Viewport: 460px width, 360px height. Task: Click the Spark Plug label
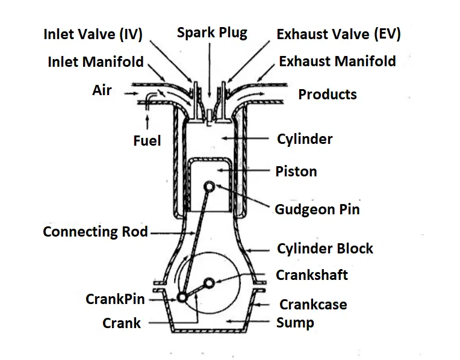(x=212, y=33)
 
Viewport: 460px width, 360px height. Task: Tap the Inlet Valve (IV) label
(x=93, y=34)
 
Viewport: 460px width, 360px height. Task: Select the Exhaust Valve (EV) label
(x=338, y=34)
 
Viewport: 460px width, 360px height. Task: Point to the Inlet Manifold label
(x=96, y=62)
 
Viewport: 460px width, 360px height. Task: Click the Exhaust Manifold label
(x=337, y=61)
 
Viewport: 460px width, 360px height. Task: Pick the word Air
(x=102, y=91)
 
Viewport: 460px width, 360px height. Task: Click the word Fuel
(x=147, y=141)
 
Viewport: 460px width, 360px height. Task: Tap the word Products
(x=328, y=95)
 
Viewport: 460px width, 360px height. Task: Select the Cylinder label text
(x=305, y=140)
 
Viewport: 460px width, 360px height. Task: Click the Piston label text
(x=296, y=172)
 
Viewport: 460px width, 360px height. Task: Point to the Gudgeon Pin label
(x=317, y=209)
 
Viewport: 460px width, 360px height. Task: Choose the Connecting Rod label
(x=95, y=232)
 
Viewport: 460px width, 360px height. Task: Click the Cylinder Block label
(x=325, y=249)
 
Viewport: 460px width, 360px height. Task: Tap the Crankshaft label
(x=312, y=275)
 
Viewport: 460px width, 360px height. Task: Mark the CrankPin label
(x=115, y=299)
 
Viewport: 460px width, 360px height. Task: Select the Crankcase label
(x=313, y=304)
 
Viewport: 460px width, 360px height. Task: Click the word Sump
(x=295, y=323)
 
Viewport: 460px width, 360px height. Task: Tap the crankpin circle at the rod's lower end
(x=182, y=297)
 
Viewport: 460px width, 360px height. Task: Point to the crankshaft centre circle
(x=209, y=282)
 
